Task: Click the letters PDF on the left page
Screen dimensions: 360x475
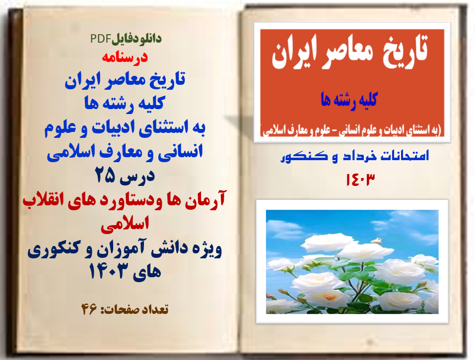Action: pyautogui.click(x=100, y=38)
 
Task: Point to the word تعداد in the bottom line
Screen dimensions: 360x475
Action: pyautogui.click(x=152, y=309)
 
